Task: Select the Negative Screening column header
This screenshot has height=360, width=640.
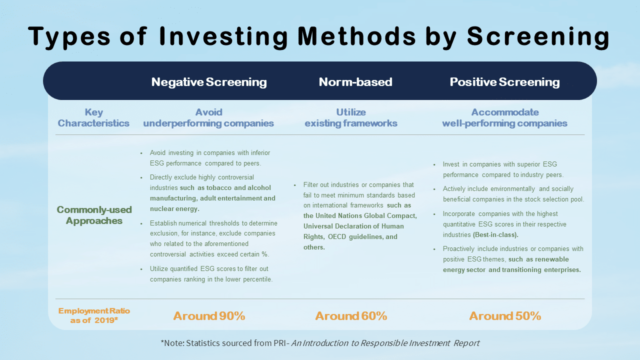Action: point(209,82)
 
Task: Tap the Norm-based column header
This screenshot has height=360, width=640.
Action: point(355,82)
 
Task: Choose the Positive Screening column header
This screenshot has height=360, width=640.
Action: point(504,82)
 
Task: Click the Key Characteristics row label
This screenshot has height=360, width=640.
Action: point(93,117)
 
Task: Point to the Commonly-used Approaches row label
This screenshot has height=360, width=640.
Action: point(94,215)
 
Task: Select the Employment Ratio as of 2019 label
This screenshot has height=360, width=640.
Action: point(94,315)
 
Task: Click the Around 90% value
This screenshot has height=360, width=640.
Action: point(209,316)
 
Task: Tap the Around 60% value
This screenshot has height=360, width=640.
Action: point(351,316)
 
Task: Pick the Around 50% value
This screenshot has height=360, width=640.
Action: point(505,316)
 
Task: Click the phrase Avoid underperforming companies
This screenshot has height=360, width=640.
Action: point(208,117)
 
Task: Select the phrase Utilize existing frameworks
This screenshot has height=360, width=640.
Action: point(351,117)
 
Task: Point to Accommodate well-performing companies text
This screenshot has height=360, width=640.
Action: point(504,117)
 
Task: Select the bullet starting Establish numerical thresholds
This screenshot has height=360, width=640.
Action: point(213,238)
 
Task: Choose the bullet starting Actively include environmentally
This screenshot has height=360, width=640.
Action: point(513,194)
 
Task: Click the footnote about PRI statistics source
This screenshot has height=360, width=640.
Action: point(320,343)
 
